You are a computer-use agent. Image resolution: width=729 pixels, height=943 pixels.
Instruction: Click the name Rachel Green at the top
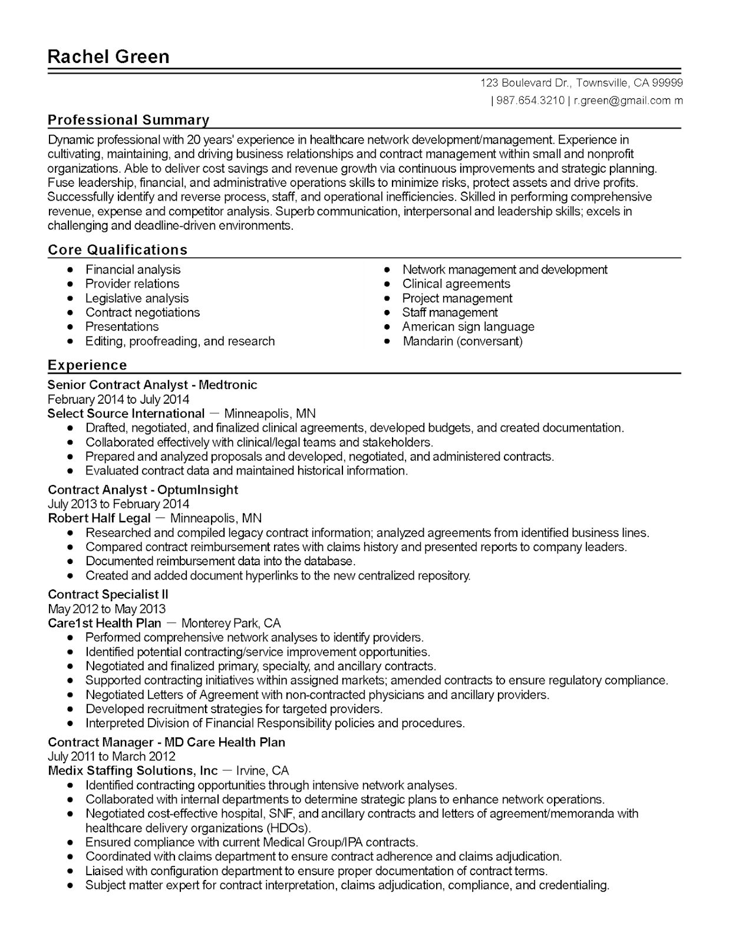(108, 57)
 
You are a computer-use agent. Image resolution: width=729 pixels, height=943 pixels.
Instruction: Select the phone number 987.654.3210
(530, 100)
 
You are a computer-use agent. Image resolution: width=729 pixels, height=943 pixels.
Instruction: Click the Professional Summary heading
(128, 120)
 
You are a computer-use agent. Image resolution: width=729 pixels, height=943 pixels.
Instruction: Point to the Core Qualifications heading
(117, 250)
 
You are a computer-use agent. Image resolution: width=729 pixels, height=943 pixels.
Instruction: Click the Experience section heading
(87, 365)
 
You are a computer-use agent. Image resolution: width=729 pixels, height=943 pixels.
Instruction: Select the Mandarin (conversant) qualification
(462, 341)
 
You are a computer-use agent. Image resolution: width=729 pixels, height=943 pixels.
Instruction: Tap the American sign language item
(468, 327)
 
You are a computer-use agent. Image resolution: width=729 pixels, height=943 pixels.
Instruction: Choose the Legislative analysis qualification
(137, 298)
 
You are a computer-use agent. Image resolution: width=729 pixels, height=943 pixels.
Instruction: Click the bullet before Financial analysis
(71, 270)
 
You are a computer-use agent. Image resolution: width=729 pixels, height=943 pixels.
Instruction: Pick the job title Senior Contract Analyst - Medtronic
(152, 385)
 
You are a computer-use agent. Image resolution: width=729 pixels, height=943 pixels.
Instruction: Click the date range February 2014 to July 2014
(118, 399)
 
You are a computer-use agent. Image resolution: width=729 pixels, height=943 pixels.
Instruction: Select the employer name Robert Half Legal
(99, 519)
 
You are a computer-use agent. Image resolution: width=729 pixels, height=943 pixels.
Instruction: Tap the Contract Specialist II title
(108, 594)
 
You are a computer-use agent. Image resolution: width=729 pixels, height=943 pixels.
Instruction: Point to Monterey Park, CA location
(231, 623)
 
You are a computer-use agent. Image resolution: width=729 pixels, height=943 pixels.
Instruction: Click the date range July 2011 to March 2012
(111, 756)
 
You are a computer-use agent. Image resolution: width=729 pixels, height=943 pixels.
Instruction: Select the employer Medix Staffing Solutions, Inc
(133, 771)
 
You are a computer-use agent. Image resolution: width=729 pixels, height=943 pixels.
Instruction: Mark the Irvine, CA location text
(262, 771)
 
